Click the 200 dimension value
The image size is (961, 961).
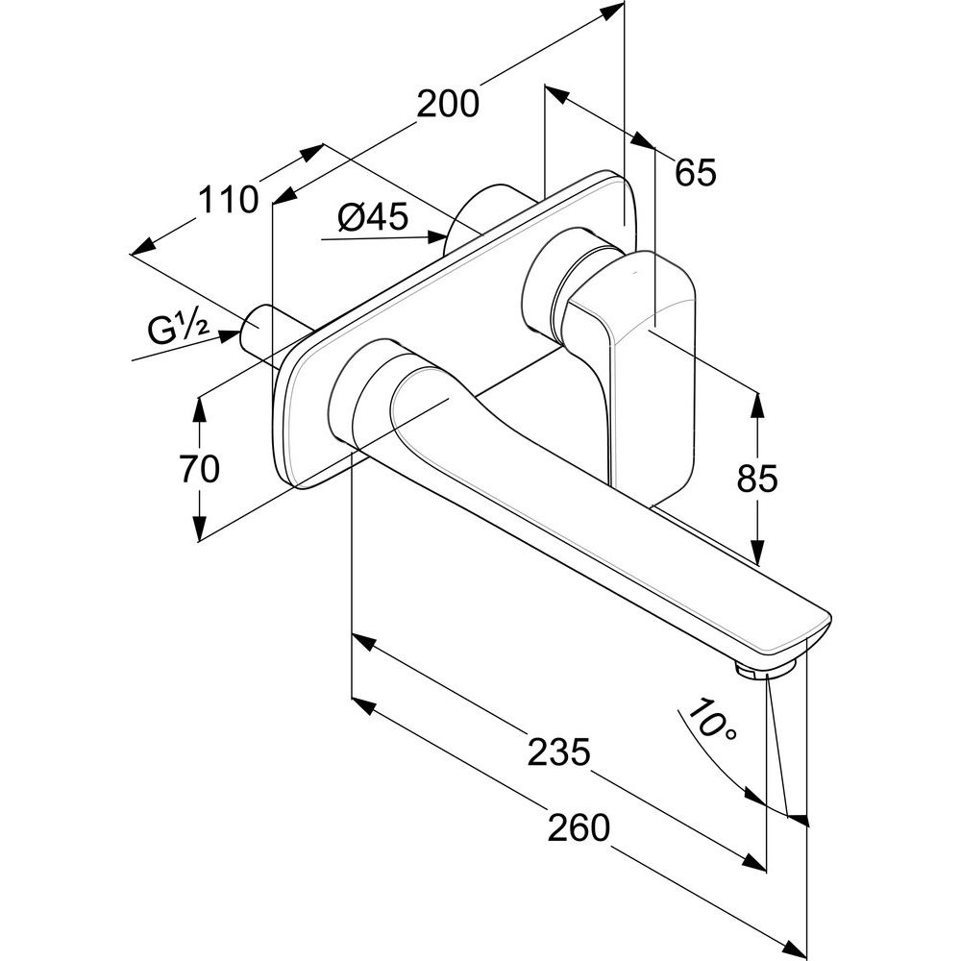447,103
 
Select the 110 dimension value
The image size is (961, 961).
229,200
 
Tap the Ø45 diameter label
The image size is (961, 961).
374,219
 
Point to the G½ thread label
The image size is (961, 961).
179,330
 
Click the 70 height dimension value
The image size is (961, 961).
199,469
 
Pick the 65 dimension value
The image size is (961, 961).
695,173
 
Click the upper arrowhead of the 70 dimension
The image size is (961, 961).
199,407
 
